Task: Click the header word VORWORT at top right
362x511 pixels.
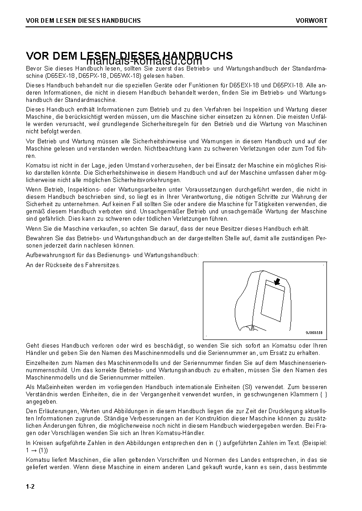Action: pos(311,20)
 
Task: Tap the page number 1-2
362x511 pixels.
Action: pos(31,486)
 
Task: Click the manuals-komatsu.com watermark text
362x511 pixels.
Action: pos(144,61)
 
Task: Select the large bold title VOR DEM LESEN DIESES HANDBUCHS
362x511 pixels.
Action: pos(129,56)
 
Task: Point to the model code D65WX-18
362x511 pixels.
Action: pos(124,76)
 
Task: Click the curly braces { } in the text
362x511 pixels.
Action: pos(323,395)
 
